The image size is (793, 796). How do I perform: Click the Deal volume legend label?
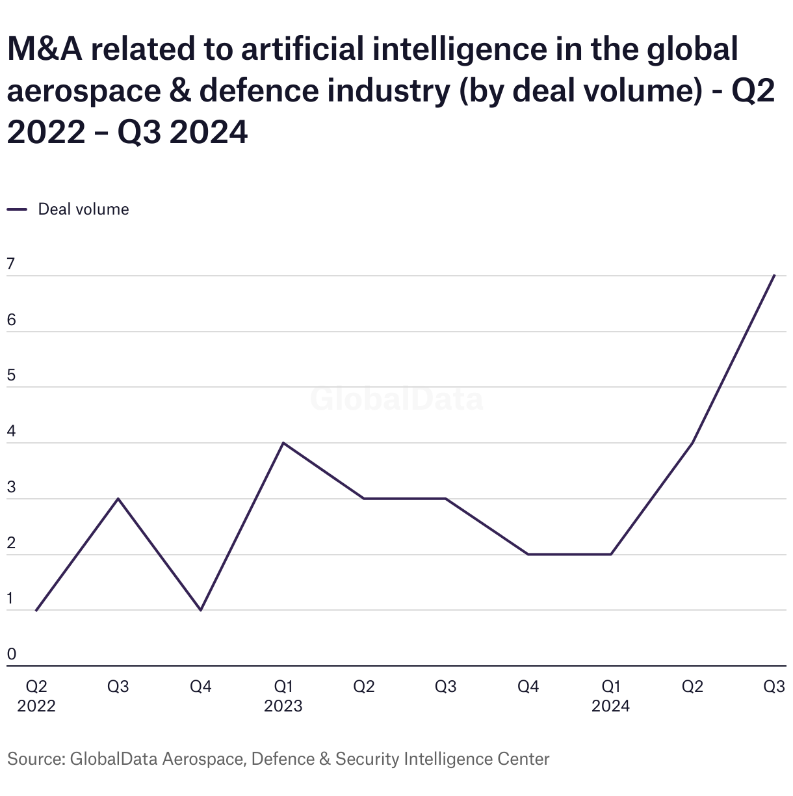83,209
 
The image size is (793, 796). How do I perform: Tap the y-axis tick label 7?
11,265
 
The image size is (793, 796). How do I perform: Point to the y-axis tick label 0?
11,655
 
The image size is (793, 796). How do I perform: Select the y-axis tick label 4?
11,432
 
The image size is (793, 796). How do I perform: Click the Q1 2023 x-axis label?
283,696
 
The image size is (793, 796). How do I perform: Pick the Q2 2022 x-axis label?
36,696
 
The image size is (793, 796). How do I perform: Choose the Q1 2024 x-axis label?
610,696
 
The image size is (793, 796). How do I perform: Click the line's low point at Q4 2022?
201,610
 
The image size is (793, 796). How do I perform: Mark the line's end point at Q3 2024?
774,275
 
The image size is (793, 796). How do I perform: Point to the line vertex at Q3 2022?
118,499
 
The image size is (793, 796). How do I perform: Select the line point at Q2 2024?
692,443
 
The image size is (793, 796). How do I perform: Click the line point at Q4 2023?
528,554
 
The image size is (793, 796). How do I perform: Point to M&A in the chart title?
44,49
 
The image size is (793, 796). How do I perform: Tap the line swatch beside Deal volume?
17,209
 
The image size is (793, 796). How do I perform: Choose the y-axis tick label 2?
11,544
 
